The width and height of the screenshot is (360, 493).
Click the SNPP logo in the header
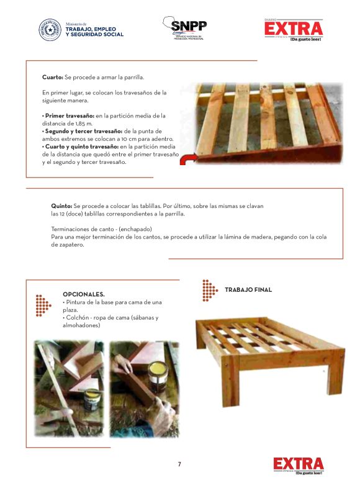(x=185, y=28)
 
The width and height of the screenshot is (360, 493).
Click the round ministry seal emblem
(x=50, y=30)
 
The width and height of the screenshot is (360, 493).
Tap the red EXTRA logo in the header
(x=294, y=30)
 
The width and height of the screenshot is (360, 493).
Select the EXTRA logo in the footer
(x=299, y=466)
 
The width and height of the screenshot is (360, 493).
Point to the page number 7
(x=179, y=464)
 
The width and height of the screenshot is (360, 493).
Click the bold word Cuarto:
(x=53, y=77)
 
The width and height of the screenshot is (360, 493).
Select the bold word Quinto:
(x=61, y=206)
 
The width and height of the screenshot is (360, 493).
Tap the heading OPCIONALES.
(x=84, y=294)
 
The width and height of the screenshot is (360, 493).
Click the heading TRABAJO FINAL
(x=248, y=289)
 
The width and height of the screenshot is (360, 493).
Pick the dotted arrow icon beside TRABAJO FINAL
(x=210, y=290)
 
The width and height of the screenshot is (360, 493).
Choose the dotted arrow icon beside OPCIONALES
(x=43, y=305)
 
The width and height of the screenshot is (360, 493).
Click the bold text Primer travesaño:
(x=70, y=115)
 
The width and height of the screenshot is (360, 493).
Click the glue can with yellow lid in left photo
(x=92, y=399)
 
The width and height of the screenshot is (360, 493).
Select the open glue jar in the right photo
(x=158, y=377)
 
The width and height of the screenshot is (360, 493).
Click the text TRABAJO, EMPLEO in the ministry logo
(x=91, y=29)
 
